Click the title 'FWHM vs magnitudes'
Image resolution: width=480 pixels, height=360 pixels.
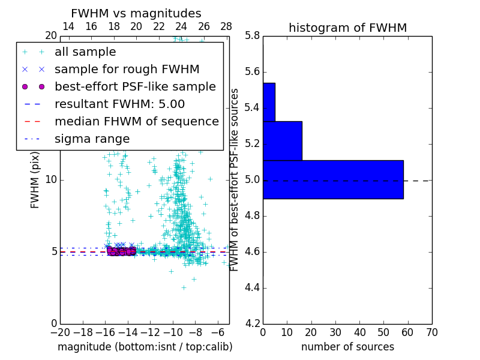[x=136, y=14]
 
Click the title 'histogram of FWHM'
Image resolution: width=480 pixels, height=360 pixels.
[x=347, y=28]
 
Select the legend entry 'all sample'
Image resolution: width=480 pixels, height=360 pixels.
[x=85, y=52]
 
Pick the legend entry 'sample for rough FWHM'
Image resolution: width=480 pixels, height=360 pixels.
[x=127, y=70]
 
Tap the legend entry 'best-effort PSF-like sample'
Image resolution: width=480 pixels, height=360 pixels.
[x=135, y=87]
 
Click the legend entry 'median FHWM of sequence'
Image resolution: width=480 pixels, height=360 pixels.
[x=136, y=122]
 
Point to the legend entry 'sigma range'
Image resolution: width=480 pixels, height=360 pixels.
[x=92, y=139]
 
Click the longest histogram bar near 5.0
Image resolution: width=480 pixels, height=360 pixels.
[x=333, y=179]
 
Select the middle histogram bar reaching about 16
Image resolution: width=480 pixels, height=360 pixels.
[x=282, y=141]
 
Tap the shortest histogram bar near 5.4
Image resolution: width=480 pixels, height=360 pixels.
[x=269, y=102]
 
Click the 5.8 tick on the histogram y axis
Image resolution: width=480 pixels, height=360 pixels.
[x=253, y=36]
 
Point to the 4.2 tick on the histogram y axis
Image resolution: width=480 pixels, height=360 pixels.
[x=253, y=323]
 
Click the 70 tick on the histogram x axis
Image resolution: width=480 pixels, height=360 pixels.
[x=431, y=332]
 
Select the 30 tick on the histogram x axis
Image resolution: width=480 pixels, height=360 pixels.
[x=335, y=332]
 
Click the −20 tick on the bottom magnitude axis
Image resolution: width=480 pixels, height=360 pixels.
[x=59, y=332]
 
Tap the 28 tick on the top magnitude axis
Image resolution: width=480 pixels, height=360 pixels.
[x=226, y=26]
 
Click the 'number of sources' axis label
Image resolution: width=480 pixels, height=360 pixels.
[x=347, y=347]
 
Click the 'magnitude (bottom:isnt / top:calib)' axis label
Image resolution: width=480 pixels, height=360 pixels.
[x=145, y=347]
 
